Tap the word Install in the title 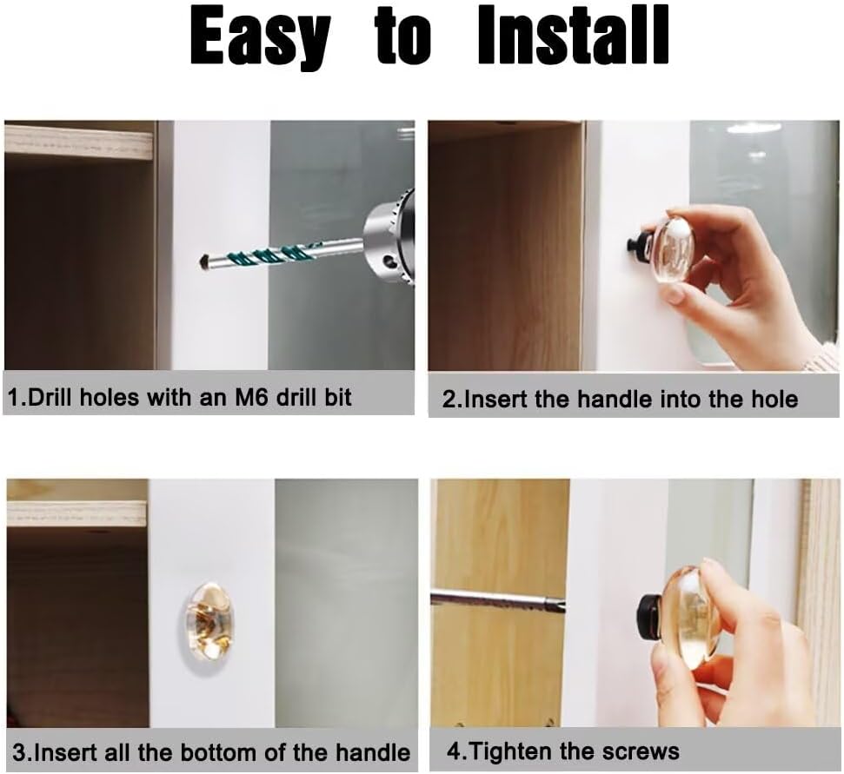click(574, 36)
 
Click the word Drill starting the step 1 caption click(50, 398)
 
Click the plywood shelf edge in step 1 click(78, 141)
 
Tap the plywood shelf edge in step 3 click(76, 513)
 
